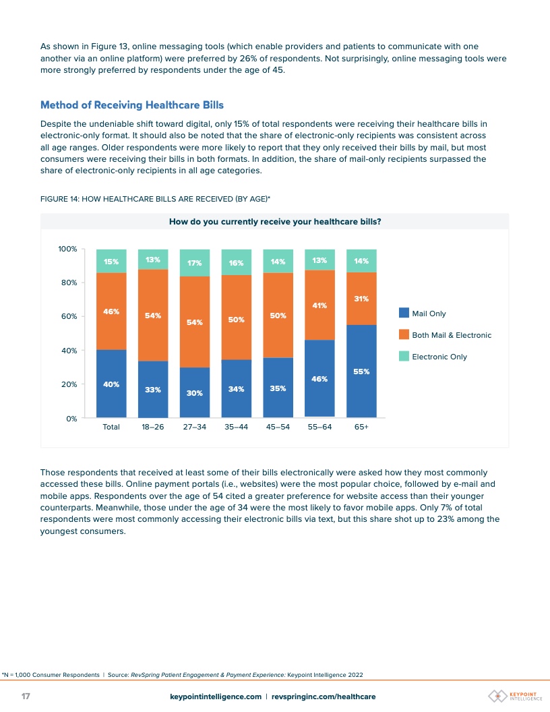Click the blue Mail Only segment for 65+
tap(361, 371)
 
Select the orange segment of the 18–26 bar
tap(153, 316)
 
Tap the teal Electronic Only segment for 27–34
tap(195, 263)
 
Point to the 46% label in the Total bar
tap(111, 311)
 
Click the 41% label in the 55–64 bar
tap(319, 305)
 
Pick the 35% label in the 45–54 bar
tap(278, 388)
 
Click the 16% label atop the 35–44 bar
tap(236, 263)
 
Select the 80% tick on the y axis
tap(69, 283)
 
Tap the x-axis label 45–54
tap(278, 427)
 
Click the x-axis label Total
tap(111, 427)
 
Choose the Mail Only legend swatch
tap(404, 313)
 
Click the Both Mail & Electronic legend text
tap(452, 335)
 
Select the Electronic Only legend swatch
tap(404, 356)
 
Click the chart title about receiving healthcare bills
tap(275, 221)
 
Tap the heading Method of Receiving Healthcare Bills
tap(132, 105)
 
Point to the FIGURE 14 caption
tap(155, 198)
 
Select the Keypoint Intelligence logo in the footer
tap(516, 696)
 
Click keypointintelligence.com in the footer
tap(215, 696)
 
